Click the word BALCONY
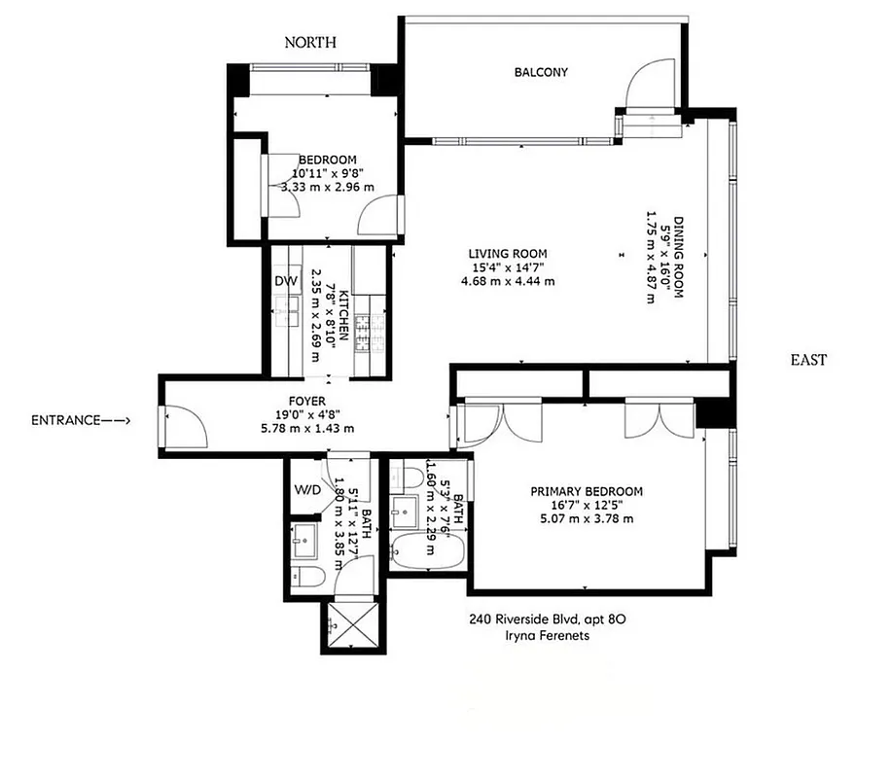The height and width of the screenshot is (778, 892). [541, 72]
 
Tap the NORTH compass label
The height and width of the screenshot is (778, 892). [310, 42]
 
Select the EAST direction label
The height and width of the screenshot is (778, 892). [808, 360]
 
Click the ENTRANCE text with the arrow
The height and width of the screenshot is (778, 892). [81, 420]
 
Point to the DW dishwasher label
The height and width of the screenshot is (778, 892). [285, 281]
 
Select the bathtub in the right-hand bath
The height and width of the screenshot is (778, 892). [429, 551]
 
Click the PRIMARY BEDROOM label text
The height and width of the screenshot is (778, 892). [586, 491]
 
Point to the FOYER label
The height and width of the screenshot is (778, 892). [306, 401]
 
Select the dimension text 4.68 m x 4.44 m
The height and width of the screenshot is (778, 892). [508, 282]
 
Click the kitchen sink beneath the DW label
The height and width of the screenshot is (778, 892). [287, 310]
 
